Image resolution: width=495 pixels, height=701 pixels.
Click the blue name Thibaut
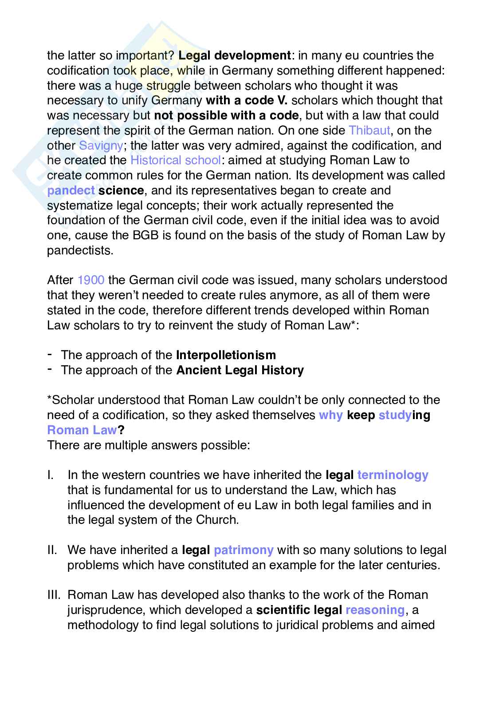[x=369, y=131]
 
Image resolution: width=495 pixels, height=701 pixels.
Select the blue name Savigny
[x=100, y=146]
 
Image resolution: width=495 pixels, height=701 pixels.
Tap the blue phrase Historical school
[x=175, y=160]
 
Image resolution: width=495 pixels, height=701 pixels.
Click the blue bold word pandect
[x=71, y=190]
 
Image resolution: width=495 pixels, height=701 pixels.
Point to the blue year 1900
[x=90, y=280]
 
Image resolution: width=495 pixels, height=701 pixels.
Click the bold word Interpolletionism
[x=226, y=355]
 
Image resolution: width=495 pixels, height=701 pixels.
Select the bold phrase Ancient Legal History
[x=240, y=370]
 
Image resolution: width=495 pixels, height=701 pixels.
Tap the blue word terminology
[x=393, y=475]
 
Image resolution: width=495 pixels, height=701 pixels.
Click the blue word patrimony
[x=243, y=550]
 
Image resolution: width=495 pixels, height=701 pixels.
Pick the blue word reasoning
[x=375, y=610]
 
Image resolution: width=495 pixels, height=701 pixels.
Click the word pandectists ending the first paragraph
[x=80, y=250]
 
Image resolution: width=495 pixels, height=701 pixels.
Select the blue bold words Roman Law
[x=82, y=430]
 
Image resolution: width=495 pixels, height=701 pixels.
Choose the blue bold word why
[x=330, y=415]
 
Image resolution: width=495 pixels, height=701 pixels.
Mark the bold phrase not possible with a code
[x=226, y=115]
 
